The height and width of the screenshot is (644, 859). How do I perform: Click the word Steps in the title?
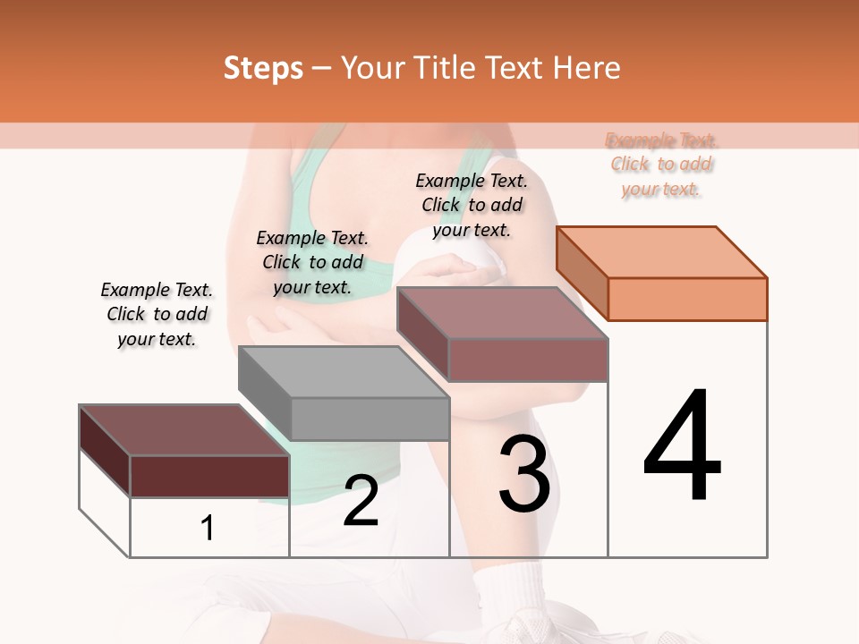(263, 68)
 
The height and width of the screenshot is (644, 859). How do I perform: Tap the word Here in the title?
(585, 68)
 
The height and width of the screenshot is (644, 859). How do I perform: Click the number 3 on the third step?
(524, 474)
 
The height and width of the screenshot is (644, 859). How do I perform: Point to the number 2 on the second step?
(361, 501)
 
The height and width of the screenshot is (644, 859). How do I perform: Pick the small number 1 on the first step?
(208, 528)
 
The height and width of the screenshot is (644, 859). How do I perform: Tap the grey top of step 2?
(344, 372)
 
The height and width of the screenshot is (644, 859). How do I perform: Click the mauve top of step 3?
(502, 313)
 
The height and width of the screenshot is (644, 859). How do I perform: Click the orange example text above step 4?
(661, 165)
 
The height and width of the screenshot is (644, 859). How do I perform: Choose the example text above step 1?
(157, 314)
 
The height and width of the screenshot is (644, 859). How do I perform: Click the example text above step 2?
(312, 262)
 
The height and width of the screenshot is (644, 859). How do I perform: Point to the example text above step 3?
(472, 205)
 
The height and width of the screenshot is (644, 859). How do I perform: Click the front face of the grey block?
(370, 419)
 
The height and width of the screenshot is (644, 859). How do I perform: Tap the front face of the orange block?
(687, 299)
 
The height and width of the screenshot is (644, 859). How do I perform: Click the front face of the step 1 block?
(209, 476)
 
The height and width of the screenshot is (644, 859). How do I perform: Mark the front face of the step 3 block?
(528, 360)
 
